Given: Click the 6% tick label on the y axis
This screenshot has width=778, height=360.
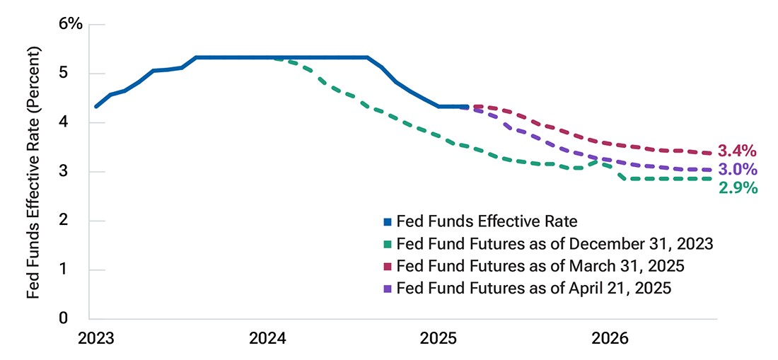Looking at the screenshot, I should click(x=70, y=24).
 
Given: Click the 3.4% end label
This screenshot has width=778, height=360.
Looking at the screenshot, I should click(x=737, y=151).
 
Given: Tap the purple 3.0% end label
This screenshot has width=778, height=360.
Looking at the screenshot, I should click(x=737, y=170).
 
